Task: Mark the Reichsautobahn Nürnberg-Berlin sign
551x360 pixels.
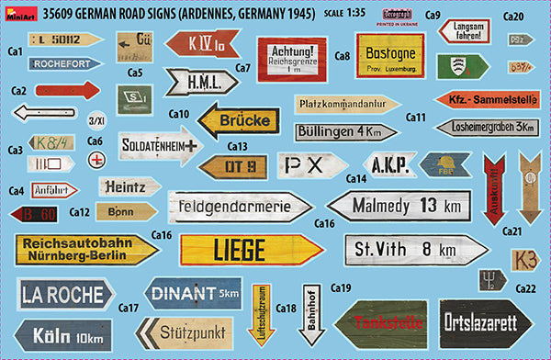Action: click(74, 248)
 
